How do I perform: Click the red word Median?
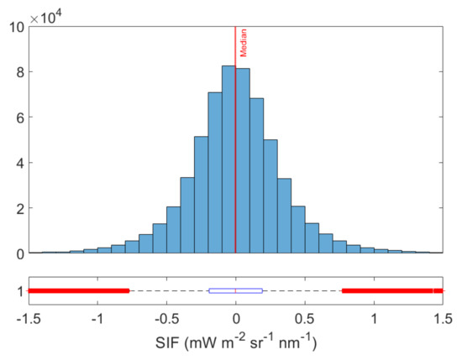click(244, 42)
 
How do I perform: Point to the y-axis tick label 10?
click(17, 26)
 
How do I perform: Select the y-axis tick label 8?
click(20, 71)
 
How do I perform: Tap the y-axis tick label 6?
click(20, 117)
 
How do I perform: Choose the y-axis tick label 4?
click(20, 162)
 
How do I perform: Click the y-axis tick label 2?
click(20, 207)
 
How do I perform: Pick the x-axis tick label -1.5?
click(29, 319)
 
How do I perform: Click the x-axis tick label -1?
click(97, 319)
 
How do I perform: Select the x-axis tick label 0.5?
click(305, 319)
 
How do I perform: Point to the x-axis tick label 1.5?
click(442, 319)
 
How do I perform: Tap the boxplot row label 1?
click(18, 291)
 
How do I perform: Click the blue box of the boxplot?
click(235, 290)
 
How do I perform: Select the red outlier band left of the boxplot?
click(79, 290)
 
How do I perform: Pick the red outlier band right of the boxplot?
click(391, 290)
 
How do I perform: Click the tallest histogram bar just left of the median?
click(228, 159)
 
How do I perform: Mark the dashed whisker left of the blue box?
click(168, 290)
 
